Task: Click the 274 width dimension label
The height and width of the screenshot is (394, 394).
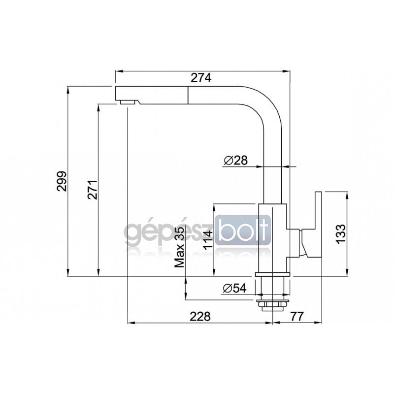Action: tap(201, 78)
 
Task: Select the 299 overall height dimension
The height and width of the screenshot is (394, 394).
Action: tap(62, 181)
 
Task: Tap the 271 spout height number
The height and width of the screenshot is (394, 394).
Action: tap(93, 190)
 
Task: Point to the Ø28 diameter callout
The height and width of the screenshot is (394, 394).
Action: tap(236, 160)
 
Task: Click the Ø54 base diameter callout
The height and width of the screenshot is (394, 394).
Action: tap(235, 288)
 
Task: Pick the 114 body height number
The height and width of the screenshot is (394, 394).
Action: tap(208, 240)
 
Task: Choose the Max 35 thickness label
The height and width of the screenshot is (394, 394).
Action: tap(179, 246)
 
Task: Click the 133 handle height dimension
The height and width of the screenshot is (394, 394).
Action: tap(341, 233)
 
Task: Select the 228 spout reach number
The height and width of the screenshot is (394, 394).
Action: tap(200, 316)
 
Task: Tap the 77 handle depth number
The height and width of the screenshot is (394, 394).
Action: tap(297, 316)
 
